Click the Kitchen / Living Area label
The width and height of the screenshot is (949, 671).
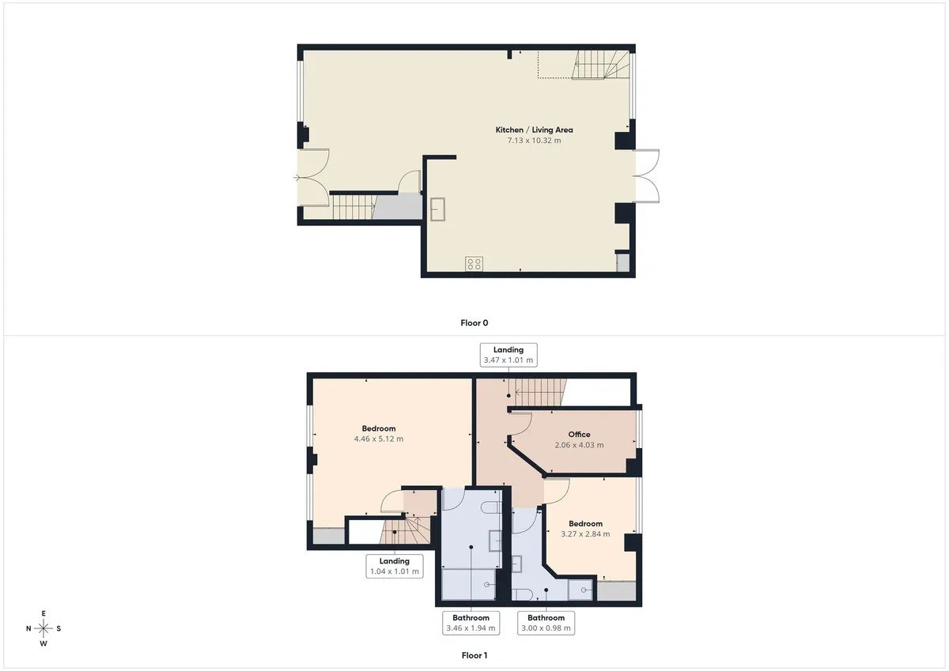534,130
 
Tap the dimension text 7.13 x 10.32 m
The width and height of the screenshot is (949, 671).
534,141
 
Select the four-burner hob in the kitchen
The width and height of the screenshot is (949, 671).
474,264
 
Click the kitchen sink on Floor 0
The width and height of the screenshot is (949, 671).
437,209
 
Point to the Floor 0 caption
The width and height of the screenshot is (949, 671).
474,323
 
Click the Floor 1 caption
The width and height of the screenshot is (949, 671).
474,656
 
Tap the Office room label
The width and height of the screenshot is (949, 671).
579,435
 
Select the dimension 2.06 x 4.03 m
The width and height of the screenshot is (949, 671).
579,445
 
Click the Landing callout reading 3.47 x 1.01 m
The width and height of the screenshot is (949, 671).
509,355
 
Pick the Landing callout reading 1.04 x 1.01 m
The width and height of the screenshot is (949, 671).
395,566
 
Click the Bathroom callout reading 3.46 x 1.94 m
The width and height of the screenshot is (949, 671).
471,623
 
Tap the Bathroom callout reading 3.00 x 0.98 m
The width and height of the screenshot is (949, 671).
546,623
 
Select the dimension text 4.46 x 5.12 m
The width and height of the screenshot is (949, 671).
379,439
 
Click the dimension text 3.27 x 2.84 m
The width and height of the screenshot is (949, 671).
585,534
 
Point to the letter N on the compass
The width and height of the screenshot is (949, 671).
28,628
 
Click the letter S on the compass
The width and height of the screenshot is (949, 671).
59,628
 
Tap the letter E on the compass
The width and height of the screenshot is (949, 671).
43,613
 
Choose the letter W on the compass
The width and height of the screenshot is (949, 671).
43,644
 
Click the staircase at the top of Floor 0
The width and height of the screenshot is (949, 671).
600,65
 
